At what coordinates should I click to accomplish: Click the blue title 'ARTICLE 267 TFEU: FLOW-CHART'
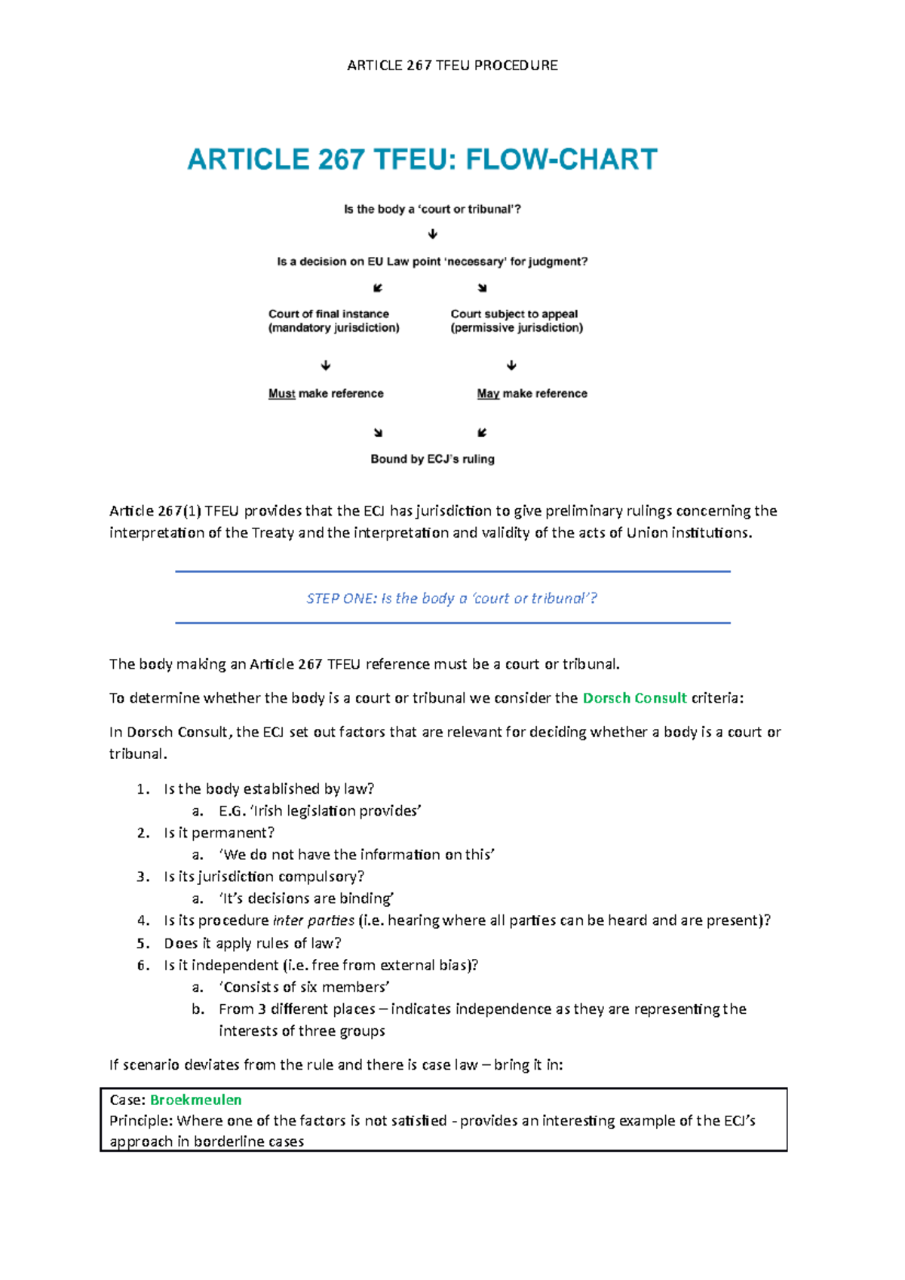(422, 160)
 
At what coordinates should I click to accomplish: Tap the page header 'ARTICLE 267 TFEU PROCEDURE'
(452, 66)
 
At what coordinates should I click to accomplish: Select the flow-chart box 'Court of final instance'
(329, 314)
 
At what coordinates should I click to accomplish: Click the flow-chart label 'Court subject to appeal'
(514, 314)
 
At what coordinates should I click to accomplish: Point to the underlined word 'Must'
(281, 393)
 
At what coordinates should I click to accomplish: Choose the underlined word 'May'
(488, 393)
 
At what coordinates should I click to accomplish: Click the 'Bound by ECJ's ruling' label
(432, 459)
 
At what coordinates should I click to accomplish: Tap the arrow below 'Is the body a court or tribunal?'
(433, 234)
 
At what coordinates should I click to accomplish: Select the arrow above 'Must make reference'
(326, 366)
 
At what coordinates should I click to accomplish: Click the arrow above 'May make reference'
(511, 366)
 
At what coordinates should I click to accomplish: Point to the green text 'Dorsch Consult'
(634, 698)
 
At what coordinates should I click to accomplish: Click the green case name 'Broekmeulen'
(196, 1100)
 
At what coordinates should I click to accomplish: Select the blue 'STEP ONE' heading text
(452, 599)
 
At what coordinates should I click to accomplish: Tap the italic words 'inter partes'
(313, 920)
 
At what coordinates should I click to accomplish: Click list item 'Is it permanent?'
(219, 833)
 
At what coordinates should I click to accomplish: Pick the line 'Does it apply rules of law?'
(253, 943)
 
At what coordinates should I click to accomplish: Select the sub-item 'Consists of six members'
(304, 988)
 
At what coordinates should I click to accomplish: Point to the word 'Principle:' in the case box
(141, 1121)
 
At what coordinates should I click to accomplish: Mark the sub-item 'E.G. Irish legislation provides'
(320, 811)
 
